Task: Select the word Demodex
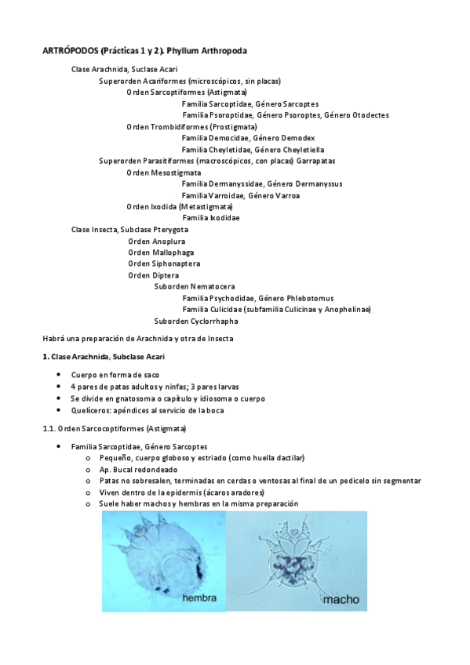(x=300, y=137)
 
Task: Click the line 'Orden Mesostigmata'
(x=163, y=172)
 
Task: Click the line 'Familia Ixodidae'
(x=210, y=217)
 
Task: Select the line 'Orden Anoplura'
(x=156, y=241)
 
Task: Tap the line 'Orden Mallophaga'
(x=161, y=252)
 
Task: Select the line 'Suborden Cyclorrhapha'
(x=196, y=321)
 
